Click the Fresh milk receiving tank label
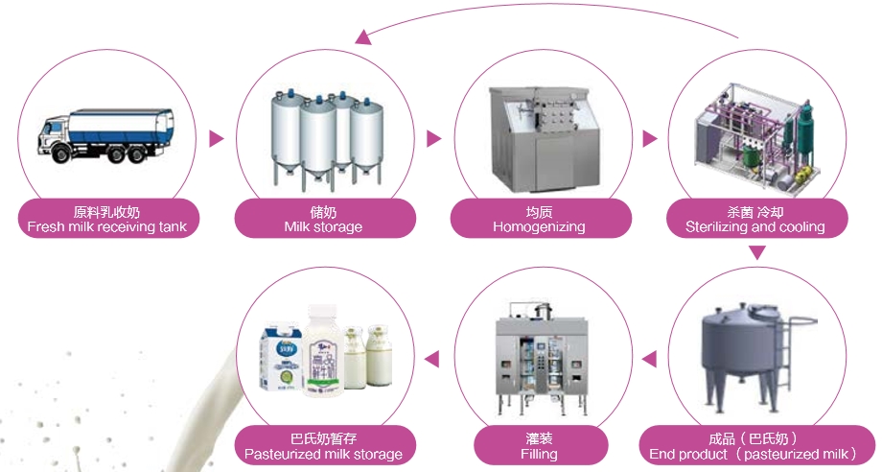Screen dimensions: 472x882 coord(106,219)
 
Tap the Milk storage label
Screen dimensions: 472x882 coord(323,219)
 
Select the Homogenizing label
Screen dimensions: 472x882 coord(539,219)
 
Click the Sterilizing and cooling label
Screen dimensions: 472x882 coord(755,219)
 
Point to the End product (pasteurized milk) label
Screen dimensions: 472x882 coord(753,446)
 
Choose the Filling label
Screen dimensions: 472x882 coord(539,446)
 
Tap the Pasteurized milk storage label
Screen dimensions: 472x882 coord(323,446)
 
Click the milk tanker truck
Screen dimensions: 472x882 coord(107,135)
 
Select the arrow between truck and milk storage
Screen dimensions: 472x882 coord(217,139)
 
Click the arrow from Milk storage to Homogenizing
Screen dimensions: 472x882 coord(433,139)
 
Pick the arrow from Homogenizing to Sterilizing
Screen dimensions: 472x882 coord(650,139)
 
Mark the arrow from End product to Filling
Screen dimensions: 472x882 coord(649,360)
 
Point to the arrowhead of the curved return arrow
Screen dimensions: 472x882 coord(362,36)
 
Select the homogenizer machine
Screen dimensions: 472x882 coord(539,134)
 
